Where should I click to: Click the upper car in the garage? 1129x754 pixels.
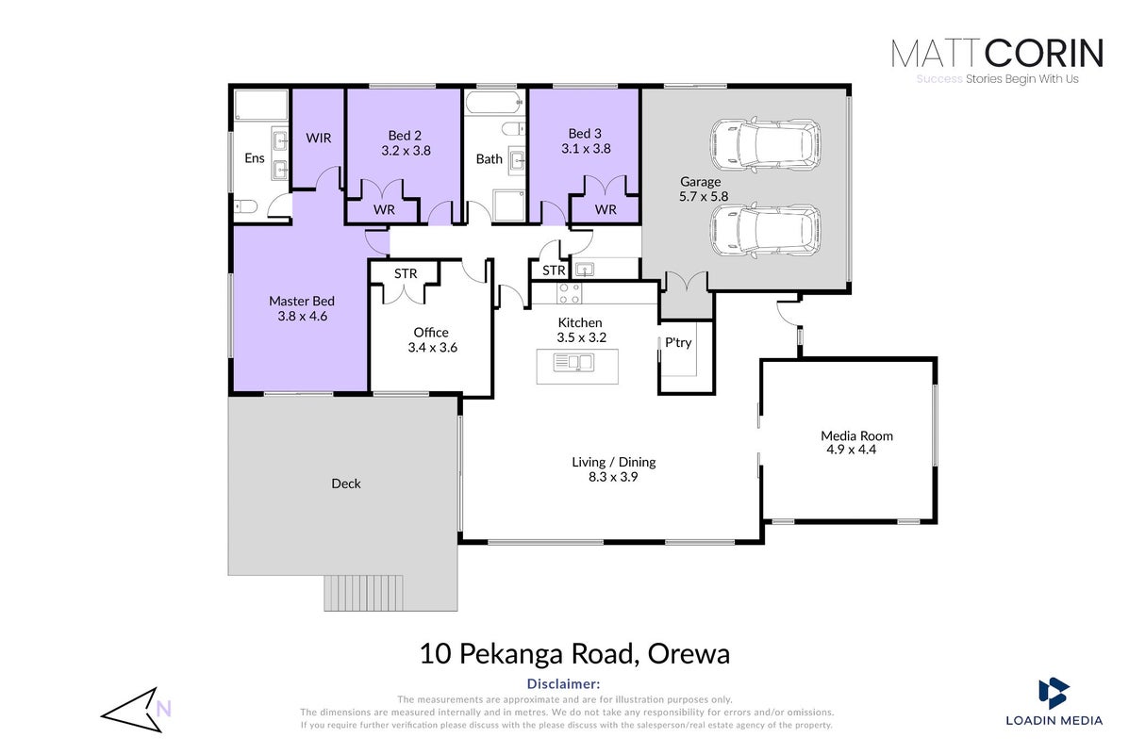[765, 144]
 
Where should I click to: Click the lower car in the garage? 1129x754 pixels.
[765, 231]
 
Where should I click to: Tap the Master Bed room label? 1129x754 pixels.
[302, 301]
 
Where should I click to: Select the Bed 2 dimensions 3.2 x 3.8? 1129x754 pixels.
[407, 151]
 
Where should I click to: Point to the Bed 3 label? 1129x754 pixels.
[585, 133]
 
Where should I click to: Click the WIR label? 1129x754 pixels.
[318, 138]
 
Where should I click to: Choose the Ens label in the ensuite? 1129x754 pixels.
[254, 158]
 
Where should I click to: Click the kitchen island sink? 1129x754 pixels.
[573, 363]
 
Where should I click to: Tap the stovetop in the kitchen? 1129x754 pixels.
[571, 293]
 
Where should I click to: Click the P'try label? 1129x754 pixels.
[678, 342]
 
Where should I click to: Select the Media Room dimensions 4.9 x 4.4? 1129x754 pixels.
[852, 450]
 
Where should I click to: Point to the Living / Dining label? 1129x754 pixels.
[613, 462]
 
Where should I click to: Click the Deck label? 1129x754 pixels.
[345, 484]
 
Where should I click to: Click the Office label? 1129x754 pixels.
[431, 333]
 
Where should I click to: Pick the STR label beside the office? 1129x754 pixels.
[406, 273]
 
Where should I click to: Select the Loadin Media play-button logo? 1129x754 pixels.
[1054, 693]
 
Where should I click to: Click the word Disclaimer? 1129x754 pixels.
[563, 683]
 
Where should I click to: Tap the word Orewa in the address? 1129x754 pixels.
[689, 654]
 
